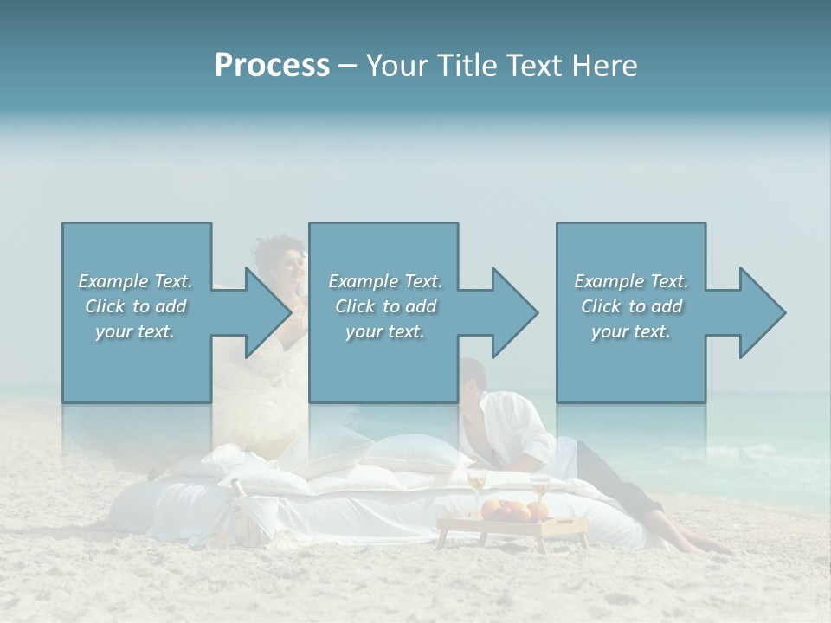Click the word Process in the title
click(x=272, y=66)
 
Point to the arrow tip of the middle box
click(x=536, y=312)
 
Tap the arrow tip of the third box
click(x=783, y=312)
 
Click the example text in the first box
click(x=136, y=305)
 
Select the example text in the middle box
click(x=385, y=305)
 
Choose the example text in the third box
click(x=631, y=305)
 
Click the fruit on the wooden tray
click(x=506, y=511)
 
